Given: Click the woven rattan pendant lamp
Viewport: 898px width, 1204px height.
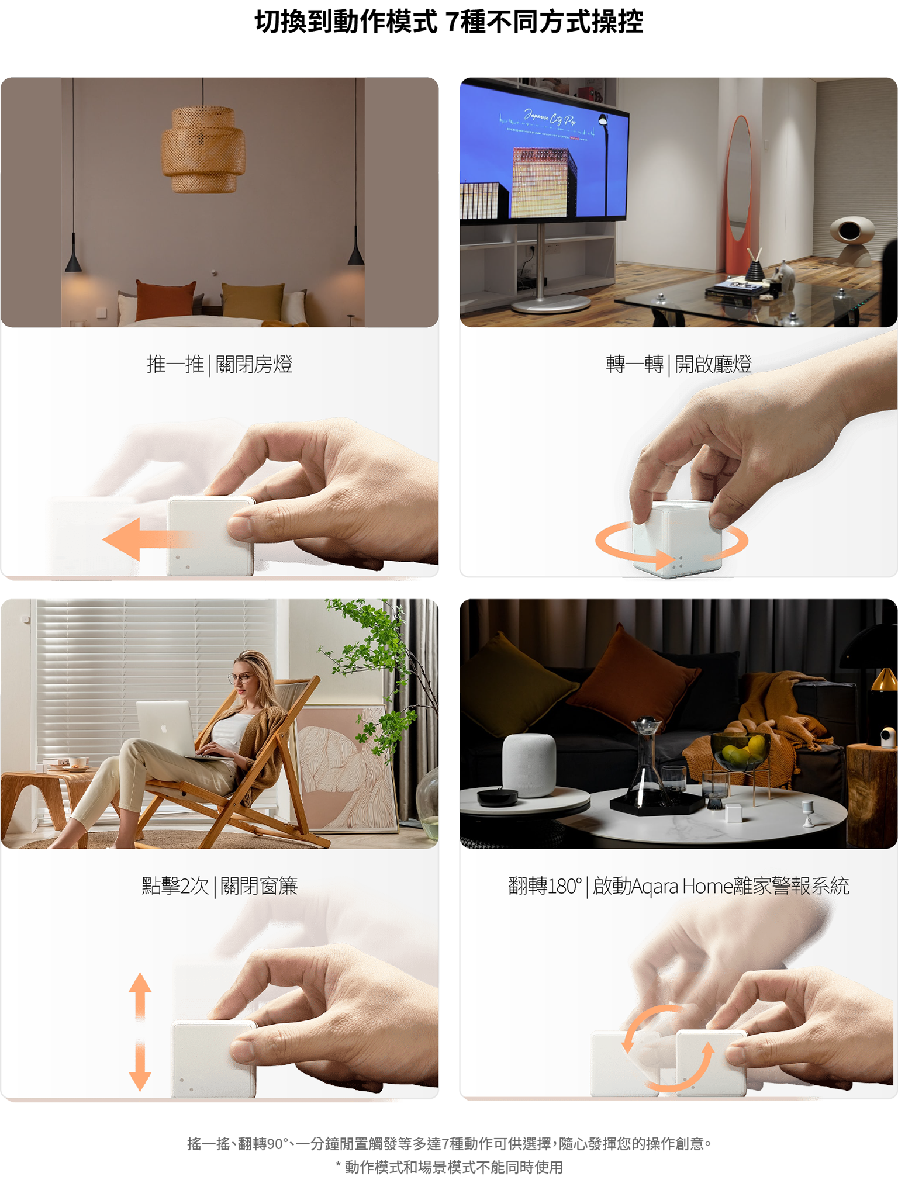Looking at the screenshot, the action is pyautogui.click(x=203, y=149).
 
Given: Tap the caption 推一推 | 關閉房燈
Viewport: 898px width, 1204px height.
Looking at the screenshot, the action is pyautogui.click(x=219, y=364).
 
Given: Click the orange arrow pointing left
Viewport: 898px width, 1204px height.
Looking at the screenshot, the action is pyautogui.click(x=146, y=539).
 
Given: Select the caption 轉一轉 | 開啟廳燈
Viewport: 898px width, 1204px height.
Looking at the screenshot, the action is pyautogui.click(x=679, y=364).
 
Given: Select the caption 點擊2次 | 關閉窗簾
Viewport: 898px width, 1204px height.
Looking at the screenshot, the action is pyautogui.click(x=219, y=886).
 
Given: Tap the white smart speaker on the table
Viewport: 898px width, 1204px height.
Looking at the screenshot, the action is pyautogui.click(x=529, y=764).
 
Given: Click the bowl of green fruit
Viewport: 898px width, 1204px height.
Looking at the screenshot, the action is pyautogui.click(x=740, y=750).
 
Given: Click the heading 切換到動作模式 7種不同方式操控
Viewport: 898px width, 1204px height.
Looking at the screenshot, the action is pyautogui.click(x=449, y=22).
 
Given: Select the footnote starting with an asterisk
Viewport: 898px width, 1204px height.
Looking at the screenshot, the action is pyautogui.click(x=449, y=1167).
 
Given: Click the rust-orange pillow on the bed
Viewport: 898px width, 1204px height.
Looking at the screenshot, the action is pyautogui.click(x=166, y=301).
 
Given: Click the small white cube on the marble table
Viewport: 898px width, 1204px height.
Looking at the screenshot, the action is pyautogui.click(x=733, y=813).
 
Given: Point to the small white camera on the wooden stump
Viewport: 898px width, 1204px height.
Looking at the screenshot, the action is pyautogui.click(x=889, y=736).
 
